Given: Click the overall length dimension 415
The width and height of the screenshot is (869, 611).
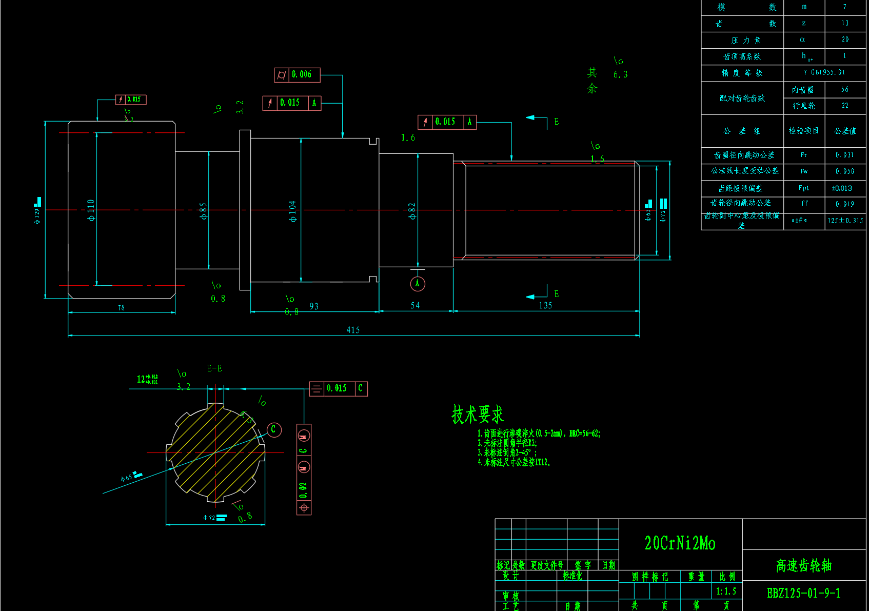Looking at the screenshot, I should (353, 330).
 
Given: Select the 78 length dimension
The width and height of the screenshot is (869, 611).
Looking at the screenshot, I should (121, 308).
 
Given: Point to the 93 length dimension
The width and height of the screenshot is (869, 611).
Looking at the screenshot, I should (314, 306).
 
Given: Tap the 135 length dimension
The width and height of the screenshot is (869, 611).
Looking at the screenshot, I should (545, 305).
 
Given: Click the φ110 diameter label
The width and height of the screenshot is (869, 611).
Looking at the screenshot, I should (91, 210).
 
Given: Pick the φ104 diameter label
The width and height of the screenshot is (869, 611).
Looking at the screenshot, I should (292, 211).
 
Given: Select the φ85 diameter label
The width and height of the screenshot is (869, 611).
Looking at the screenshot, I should (204, 211).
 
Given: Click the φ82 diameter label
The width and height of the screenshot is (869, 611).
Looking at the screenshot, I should (412, 211).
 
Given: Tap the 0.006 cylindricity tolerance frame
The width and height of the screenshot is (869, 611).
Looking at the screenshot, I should (297, 75).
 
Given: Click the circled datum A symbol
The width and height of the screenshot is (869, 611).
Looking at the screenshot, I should (418, 284).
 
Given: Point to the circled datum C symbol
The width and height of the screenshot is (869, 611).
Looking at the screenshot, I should (274, 429).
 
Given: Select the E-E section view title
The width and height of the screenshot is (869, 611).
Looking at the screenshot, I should (214, 368).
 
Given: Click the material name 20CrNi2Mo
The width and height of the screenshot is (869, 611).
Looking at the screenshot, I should (680, 543).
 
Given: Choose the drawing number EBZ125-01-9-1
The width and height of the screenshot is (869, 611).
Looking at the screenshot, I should (803, 594).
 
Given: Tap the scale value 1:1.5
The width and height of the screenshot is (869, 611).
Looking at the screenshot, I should (726, 592).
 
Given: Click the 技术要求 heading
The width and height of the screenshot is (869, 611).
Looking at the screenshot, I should (478, 415).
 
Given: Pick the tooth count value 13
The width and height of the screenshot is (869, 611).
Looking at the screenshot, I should (845, 23).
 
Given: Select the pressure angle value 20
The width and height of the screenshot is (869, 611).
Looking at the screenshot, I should (845, 40).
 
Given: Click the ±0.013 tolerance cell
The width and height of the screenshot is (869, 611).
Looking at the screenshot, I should (842, 188).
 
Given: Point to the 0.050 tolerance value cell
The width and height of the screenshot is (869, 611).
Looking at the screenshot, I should (844, 171).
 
